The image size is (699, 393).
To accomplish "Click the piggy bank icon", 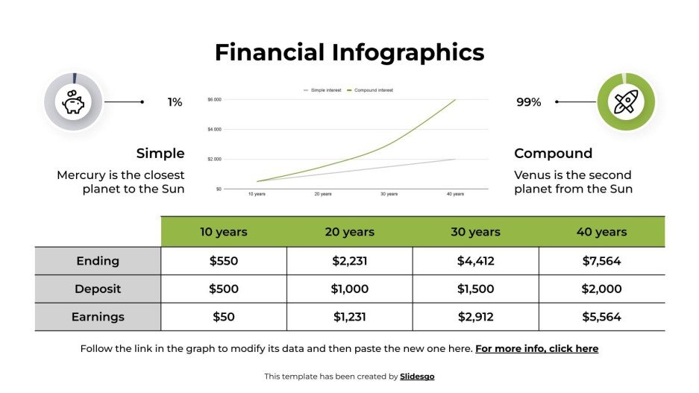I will [73, 102].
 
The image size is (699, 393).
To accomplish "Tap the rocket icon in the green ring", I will [625, 102].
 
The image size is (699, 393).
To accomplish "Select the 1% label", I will [175, 102].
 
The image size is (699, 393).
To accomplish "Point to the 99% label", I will [528, 102].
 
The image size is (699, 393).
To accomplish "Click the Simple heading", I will [160, 154].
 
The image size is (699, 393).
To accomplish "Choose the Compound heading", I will [553, 154].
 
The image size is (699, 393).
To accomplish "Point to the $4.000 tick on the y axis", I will [215, 130].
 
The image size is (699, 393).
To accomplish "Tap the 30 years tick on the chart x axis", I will [389, 194].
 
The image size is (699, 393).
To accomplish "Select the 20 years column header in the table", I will [349, 232].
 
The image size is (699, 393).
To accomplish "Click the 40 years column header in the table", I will [601, 232].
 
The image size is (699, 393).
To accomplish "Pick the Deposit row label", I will [98, 289].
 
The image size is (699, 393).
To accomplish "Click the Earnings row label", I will [98, 317].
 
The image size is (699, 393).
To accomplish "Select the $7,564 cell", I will [601, 261].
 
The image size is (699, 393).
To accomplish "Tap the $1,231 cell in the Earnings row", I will [349, 317].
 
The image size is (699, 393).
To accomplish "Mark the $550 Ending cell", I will [223, 261].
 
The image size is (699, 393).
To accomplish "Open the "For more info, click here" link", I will [536, 348].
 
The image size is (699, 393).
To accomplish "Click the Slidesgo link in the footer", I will [417, 377].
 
